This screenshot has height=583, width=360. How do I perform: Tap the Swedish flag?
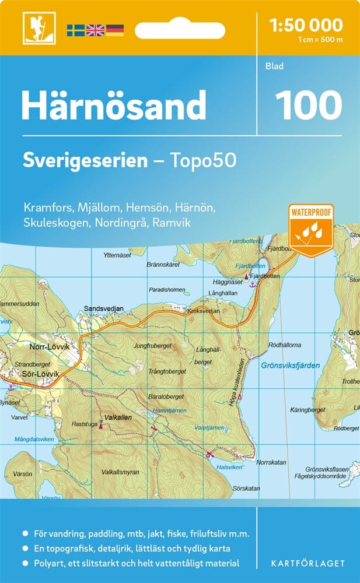(x=75, y=30)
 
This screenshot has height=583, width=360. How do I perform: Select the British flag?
(x=95, y=30)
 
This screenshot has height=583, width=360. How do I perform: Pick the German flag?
(x=114, y=30)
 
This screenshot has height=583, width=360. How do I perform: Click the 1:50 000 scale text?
(x=306, y=25)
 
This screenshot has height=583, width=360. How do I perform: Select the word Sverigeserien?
(x=85, y=161)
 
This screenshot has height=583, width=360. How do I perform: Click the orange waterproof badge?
(x=310, y=229)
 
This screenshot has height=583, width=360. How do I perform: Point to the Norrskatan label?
(x=271, y=462)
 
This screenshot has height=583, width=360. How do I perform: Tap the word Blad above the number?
(x=274, y=66)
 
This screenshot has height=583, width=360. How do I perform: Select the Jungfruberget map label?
(x=152, y=345)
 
